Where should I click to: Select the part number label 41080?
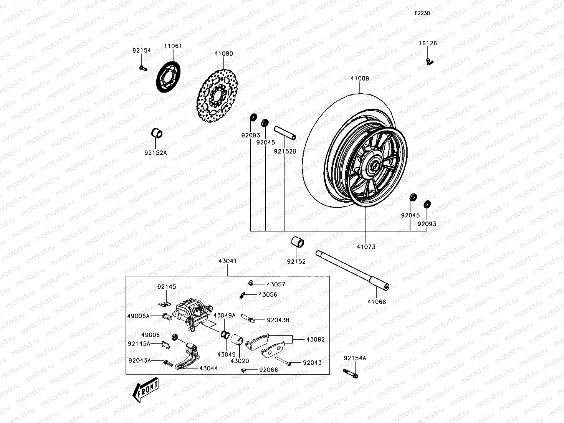223,54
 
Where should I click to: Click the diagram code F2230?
422,13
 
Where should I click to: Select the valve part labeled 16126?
429,61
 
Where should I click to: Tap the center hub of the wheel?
373,166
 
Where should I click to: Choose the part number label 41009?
359,78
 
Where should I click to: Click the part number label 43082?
315,339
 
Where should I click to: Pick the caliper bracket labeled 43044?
189,357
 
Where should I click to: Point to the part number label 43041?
227,261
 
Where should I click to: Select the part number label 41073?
366,247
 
